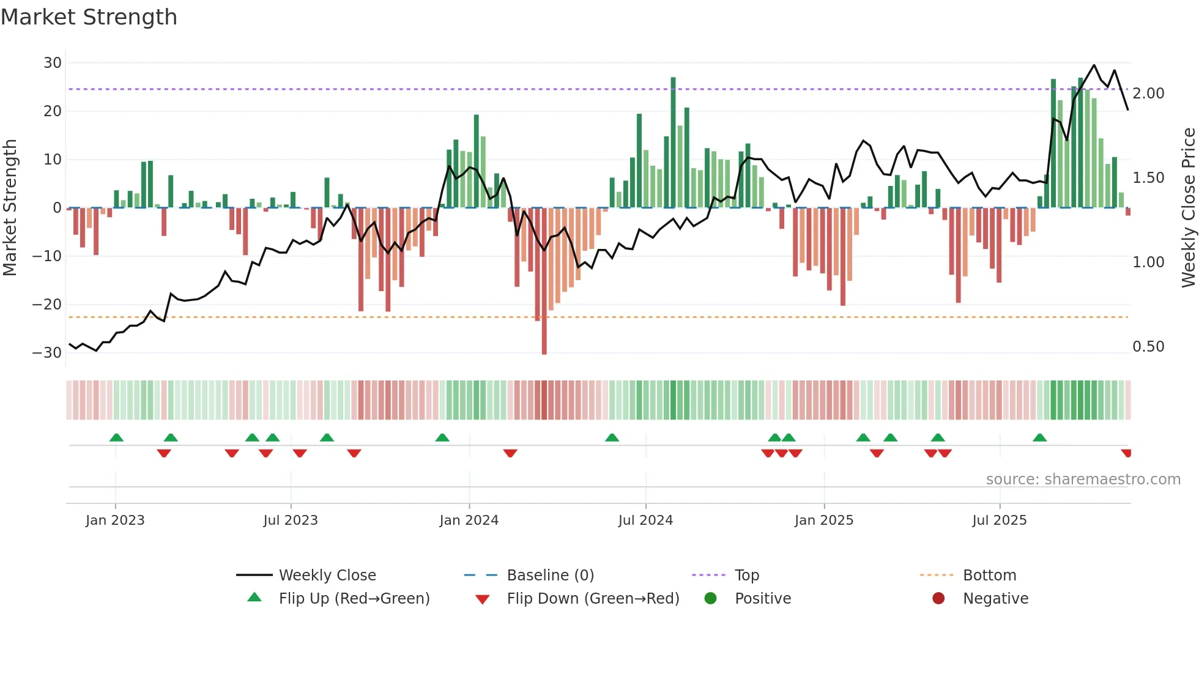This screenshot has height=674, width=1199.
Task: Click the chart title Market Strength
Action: pyautogui.click(x=89, y=17)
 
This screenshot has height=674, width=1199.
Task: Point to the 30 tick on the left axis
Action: pyautogui.click(x=53, y=63)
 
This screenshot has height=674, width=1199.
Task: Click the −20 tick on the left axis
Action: pyautogui.click(x=47, y=305)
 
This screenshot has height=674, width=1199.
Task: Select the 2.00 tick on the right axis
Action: pyautogui.click(x=1148, y=94)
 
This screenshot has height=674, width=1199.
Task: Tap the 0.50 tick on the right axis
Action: pyautogui.click(x=1148, y=347)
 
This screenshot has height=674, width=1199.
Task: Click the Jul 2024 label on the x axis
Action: pyautogui.click(x=645, y=520)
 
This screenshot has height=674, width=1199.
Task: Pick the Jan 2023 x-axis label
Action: pyautogui.click(x=115, y=520)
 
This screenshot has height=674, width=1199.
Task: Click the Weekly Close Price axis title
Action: pyautogui.click(x=1188, y=208)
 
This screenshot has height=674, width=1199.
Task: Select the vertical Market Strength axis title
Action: pyautogui.click(x=10, y=208)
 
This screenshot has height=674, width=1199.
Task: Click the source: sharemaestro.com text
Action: pyautogui.click(x=1083, y=480)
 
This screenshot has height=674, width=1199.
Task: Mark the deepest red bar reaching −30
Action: pyautogui.click(x=544, y=281)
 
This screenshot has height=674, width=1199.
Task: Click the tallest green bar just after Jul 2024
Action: pyautogui.click(x=673, y=142)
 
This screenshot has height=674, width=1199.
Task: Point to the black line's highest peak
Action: pyautogui.click(x=1094, y=65)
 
